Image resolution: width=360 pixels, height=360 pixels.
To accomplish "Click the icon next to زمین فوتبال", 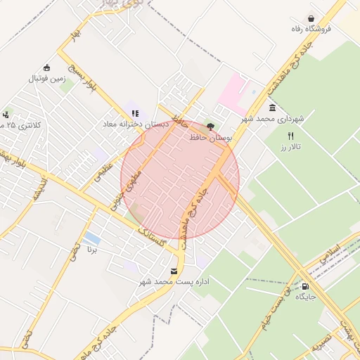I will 46,68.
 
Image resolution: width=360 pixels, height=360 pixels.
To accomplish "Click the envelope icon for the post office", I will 174,271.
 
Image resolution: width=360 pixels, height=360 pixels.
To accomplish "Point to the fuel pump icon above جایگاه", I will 305,286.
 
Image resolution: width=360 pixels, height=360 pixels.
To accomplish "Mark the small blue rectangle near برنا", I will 92,238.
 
